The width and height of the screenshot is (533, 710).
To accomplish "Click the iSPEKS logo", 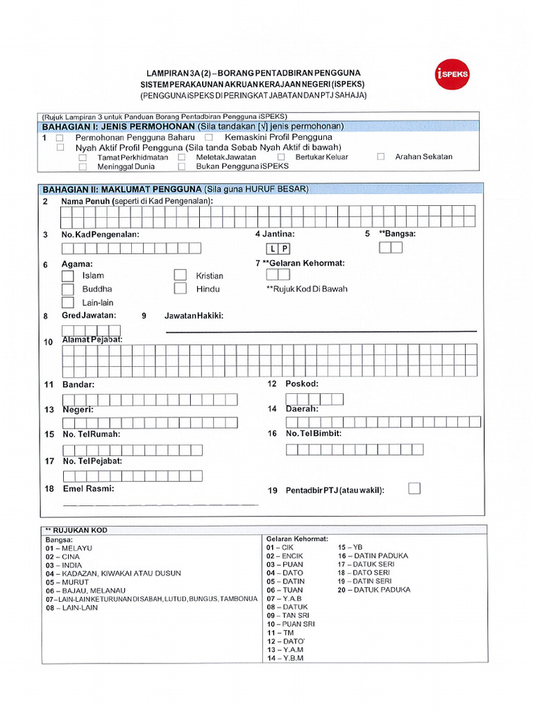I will coord(452,73).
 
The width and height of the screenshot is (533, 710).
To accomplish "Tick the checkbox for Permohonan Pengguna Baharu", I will coord(60,138).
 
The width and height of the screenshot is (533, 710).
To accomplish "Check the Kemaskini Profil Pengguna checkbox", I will coord(208,138).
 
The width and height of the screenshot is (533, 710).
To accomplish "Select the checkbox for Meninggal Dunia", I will coord(83,166).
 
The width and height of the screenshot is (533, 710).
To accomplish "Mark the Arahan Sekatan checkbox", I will coord(381,157).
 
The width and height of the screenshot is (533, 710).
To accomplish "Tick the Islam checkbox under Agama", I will coord(67,276).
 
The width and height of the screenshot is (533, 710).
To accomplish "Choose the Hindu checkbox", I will coord(180,288).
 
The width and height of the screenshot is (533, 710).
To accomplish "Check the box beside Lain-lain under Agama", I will coord(67,302).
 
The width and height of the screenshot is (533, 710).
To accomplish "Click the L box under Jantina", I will coord(273,248).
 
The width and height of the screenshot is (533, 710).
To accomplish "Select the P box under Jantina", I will coord(285,248).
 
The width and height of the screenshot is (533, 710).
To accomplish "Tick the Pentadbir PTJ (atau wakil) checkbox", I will coord(414,488).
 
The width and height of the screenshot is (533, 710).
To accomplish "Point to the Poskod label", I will coord(302,384).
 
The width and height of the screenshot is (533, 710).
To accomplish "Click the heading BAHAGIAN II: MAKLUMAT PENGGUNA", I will coord(122,189).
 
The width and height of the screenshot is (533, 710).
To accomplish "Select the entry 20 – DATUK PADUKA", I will coord(374,590).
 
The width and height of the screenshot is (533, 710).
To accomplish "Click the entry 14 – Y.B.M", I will coord(285,658).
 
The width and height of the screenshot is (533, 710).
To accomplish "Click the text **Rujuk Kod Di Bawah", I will coord(307,289).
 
